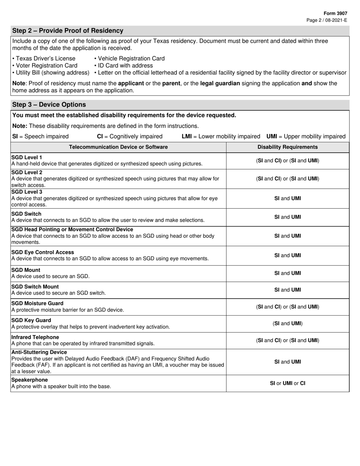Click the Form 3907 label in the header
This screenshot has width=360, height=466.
336,13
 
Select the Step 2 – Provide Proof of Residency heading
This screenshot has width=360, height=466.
68,31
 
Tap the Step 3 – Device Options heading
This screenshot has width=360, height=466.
49,105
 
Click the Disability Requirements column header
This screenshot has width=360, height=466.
288,147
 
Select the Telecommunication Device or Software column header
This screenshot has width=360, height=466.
118,147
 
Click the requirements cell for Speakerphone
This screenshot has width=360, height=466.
288,383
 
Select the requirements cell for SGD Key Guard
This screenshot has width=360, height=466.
288,324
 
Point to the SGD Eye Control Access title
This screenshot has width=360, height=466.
43,252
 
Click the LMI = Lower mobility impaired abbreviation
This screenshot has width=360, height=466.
221,136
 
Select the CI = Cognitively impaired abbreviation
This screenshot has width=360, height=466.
130,136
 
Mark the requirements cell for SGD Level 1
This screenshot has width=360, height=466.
288,161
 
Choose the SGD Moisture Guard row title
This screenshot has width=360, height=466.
38,303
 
